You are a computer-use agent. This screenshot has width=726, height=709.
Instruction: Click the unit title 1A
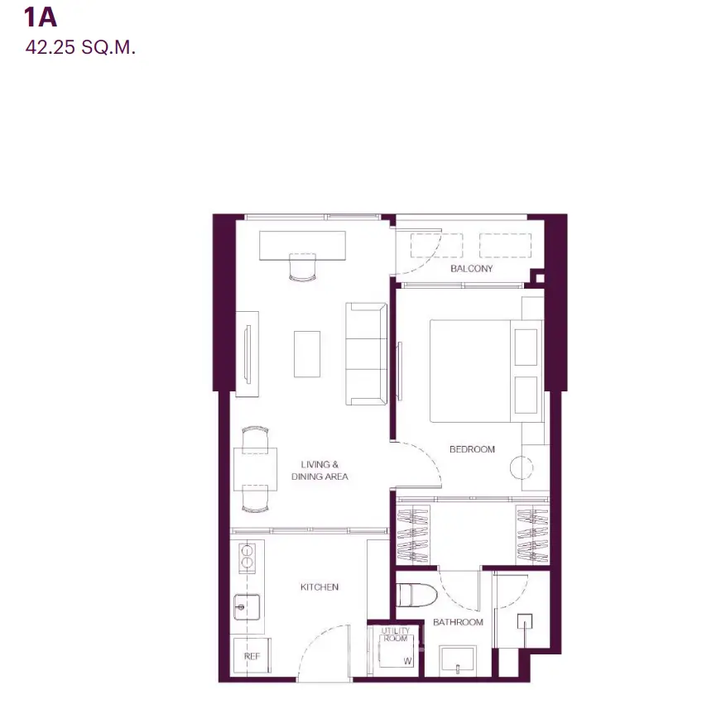[x=41, y=17]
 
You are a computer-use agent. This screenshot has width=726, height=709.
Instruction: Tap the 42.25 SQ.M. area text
[x=80, y=48]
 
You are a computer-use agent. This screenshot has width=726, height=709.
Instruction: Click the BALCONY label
[x=471, y=268]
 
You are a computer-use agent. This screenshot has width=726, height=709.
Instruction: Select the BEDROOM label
[x=472, y=449]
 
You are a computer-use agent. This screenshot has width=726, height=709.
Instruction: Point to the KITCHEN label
[x=320, y=587]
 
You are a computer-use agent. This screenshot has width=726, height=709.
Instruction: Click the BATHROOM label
[x=458, y=622]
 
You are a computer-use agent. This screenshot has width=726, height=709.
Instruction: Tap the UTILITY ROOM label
[x=396, y=634]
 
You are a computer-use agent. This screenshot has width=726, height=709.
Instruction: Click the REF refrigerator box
[x=252, y=656]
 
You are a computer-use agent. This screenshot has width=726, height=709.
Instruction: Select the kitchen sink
[x=247, y=606]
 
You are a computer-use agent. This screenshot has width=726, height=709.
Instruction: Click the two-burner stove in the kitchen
[x=247, y=556]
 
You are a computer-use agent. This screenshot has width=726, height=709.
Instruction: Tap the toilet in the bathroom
[x=416, y=595]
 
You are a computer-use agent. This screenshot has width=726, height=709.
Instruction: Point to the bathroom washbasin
[x=458, y=660]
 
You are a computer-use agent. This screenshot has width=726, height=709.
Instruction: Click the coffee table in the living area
[x=307, y=354]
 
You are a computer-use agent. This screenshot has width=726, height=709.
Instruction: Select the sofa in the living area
[x=366, y=354]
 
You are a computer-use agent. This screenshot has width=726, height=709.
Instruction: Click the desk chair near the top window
[x=302, y=267]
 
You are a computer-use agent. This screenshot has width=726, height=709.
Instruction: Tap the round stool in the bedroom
[x=522, y=467]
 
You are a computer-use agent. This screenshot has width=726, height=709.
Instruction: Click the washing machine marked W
[x=396, y=651]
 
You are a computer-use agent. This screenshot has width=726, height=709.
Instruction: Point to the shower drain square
[x=525, y=621]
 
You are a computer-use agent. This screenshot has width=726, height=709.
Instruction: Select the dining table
[x=255, y=469]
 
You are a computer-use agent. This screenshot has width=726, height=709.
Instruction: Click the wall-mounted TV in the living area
[x=248, y=354]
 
